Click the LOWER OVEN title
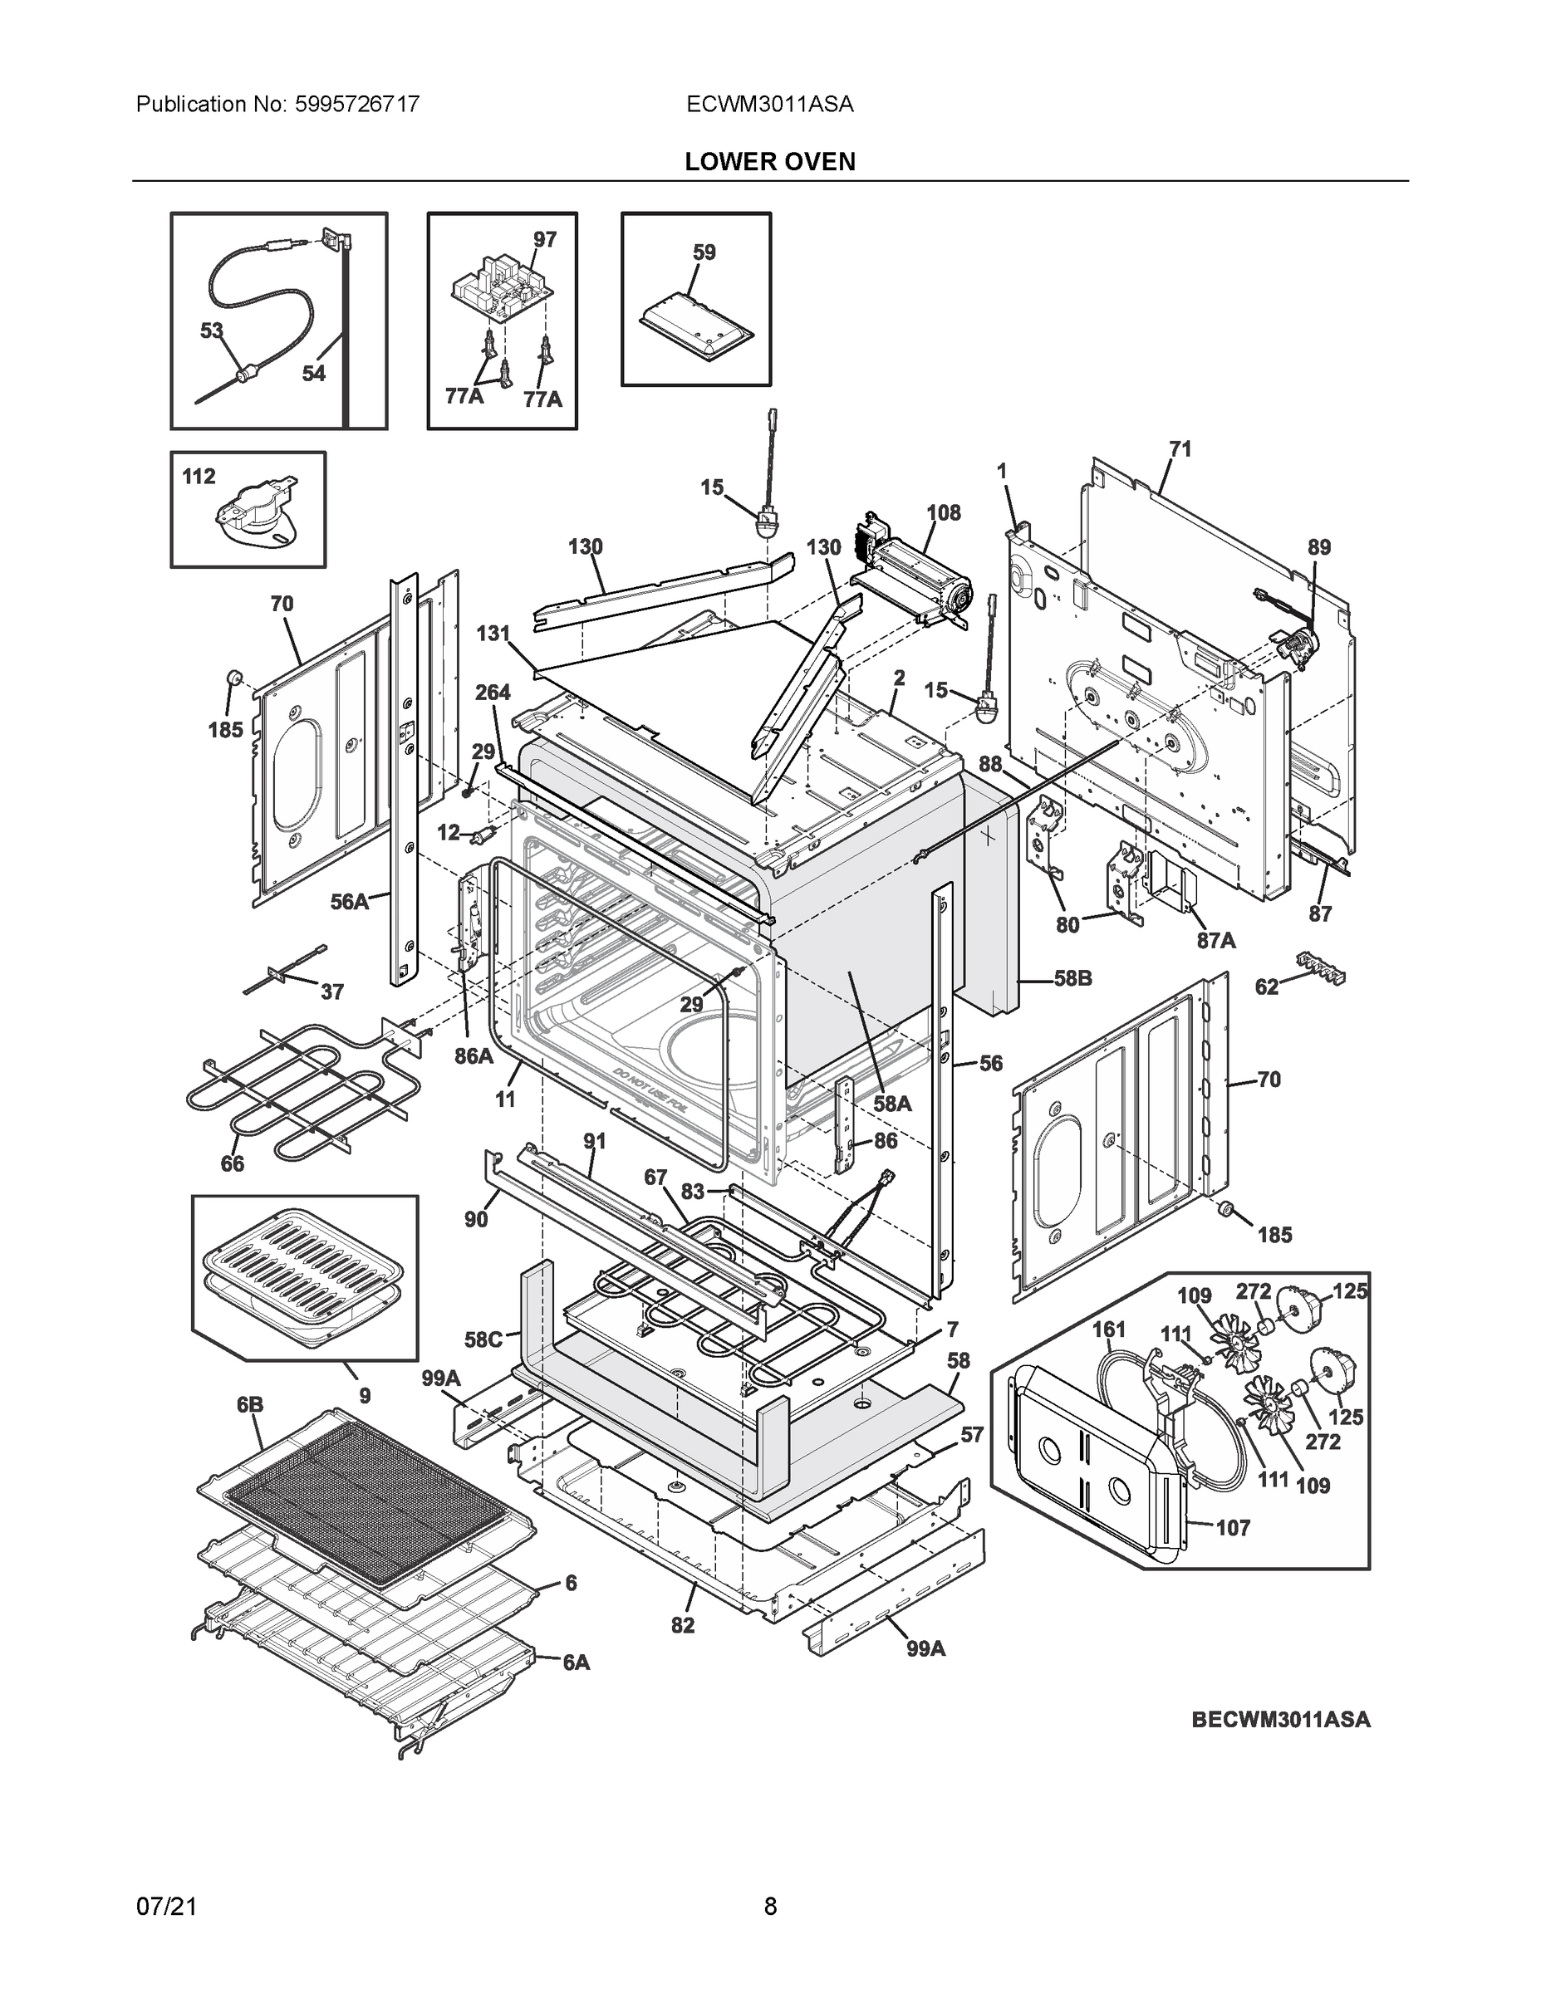769,162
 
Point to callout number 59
704,252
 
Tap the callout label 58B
1072,978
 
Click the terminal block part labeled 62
1320,969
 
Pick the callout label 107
1233,1528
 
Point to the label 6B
250,1405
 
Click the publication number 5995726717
357,104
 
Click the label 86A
474,1057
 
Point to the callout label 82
682,1625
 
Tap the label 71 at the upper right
1180,449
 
